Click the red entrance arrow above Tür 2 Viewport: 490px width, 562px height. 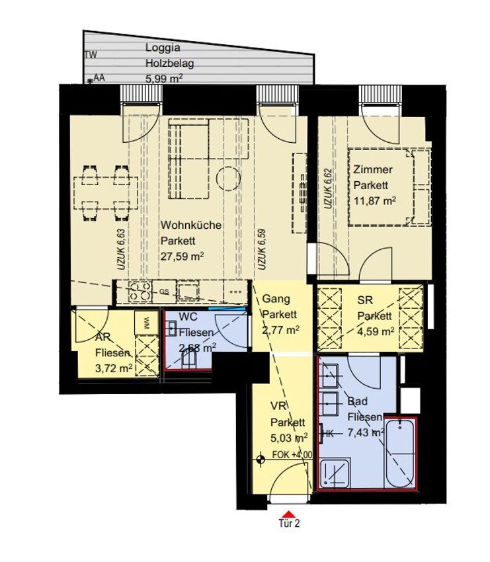point(288,514)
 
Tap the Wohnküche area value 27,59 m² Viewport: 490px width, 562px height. point(183,257)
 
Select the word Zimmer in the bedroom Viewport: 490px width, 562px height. point(373,169)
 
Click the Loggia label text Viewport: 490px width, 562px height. point(163,48)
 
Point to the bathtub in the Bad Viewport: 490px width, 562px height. point(400,454)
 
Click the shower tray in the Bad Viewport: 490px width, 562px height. point(335,473)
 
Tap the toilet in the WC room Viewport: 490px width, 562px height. point(188,358)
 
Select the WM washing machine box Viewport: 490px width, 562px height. point(146,323)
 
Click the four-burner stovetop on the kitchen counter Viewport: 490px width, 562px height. point(140,292)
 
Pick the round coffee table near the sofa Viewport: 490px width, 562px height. point(229,179)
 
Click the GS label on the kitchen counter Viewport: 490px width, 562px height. point(164,292)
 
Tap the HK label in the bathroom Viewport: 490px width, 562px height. point(328,434)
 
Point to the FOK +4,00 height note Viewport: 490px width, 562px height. point(292,454)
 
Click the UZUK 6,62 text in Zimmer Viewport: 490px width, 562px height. point(328,189)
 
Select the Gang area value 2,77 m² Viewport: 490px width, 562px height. point(280,330)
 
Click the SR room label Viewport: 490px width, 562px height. point(365,300)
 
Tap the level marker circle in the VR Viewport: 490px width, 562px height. point(261,459)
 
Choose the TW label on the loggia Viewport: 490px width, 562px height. point(91,55)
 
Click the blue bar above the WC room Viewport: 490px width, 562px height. point(227,308)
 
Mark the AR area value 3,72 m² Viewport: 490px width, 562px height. point(114,368)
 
